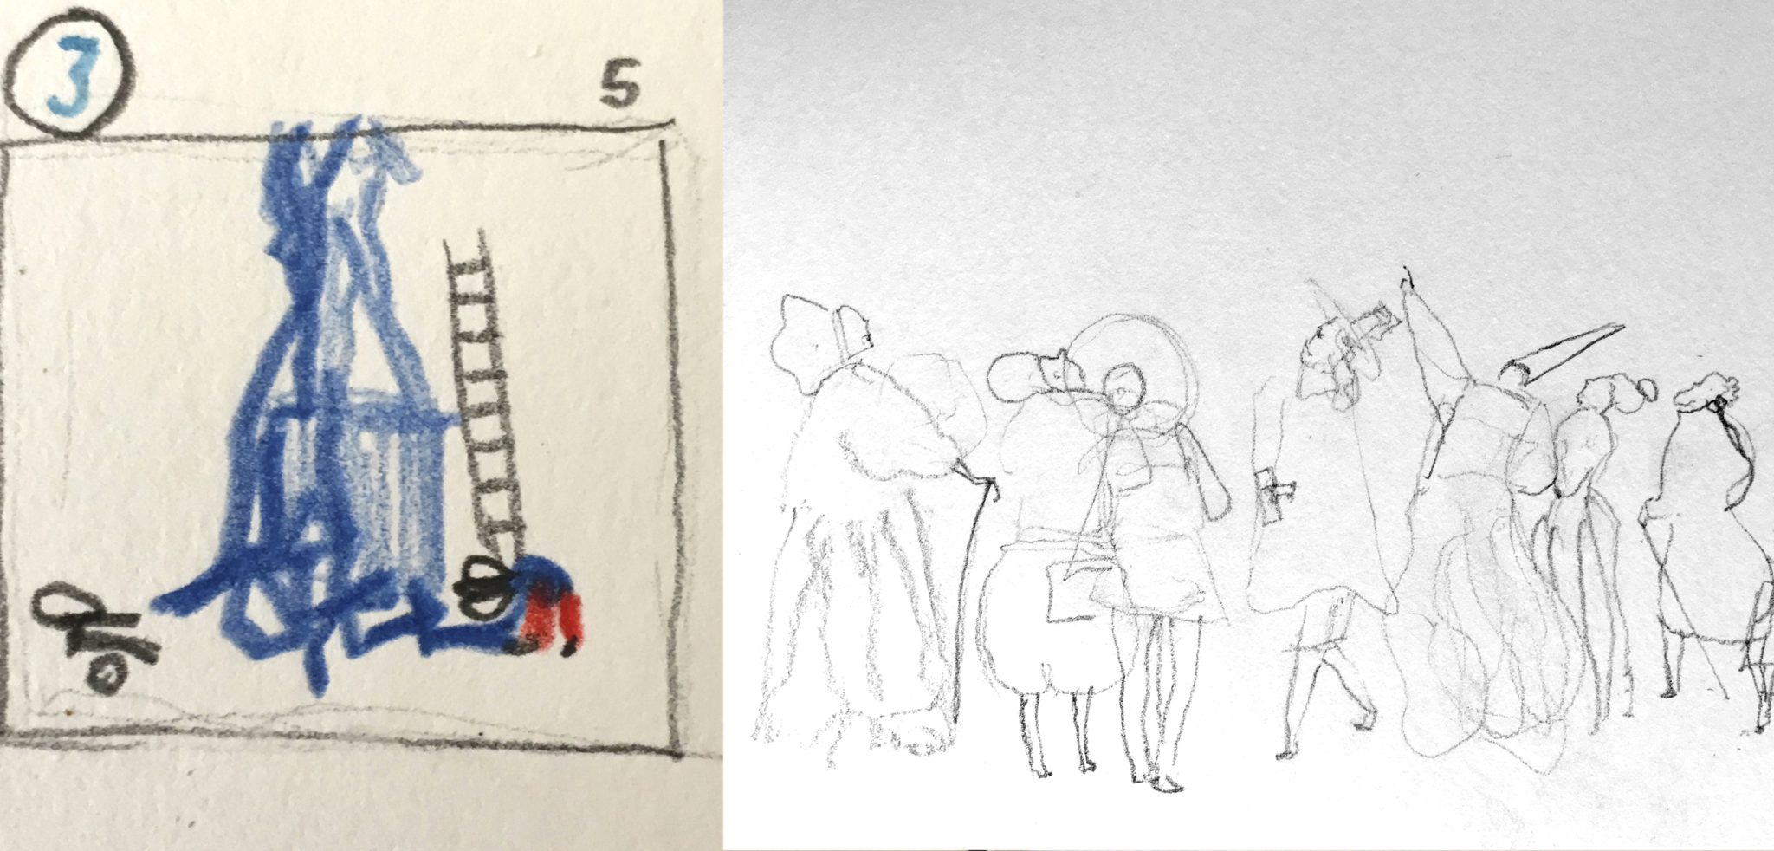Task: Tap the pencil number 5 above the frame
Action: (x=620, y=90)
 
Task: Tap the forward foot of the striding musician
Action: (x=1363, y=718)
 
